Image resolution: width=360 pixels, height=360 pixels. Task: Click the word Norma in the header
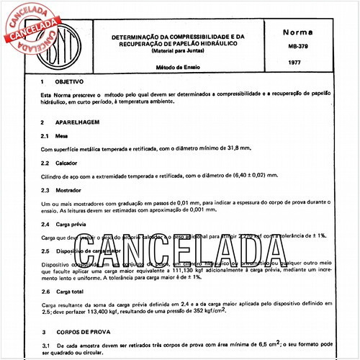click(297, 34)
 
